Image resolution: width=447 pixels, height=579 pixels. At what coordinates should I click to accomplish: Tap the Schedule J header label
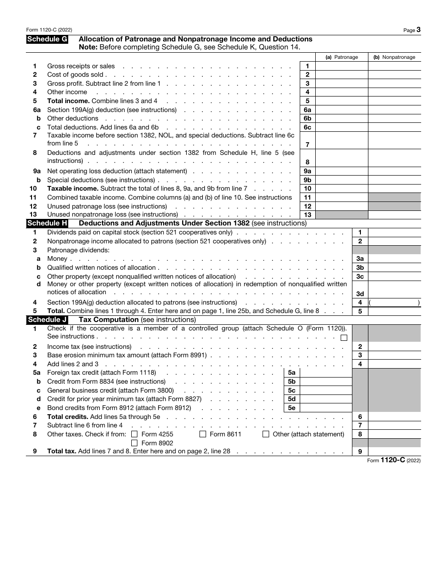pyautogui.click(x=47, y=320)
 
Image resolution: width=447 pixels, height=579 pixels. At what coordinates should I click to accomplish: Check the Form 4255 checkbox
pyautogui.click(x=135, y=434)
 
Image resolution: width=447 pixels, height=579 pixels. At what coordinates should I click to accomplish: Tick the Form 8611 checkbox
pyautogui.click(x=203, y=434)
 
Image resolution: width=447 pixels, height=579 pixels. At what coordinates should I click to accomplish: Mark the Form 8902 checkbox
pyautogui.click(x=135, y=443)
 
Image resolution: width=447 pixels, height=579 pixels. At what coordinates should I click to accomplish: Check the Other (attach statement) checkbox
pyautogui.click(x=266, y=434)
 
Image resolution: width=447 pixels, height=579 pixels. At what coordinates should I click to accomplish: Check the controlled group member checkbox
pyautogui.click(x=344, y=338)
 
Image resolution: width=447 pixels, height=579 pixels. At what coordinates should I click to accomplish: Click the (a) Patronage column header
pyautogui.click(x=342, y=57)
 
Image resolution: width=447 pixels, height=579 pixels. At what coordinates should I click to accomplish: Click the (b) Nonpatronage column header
pyautogui.click(x=394, y=57)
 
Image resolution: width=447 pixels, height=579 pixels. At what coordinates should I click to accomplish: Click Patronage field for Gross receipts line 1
pyautogui.click(x=342, y=66)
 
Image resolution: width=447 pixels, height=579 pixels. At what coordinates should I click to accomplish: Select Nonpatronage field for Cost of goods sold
pyautogui.click(x=394, y=75)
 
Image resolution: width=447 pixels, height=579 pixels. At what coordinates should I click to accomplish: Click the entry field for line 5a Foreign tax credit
pyautogui.click(x=326, y=373)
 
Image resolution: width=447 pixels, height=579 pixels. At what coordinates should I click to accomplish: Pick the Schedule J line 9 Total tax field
pyautogui.click(x=394, y=452)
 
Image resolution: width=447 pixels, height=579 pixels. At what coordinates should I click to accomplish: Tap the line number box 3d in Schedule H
pyautogui.click(x=360, y=294)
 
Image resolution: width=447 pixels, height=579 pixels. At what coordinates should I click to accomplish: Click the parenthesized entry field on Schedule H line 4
pyautogui.click(x=394, y=303)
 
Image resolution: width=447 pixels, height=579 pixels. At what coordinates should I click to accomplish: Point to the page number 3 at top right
pyautogui.click(x=418, y=30)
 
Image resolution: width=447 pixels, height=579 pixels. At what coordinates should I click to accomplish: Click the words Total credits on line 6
pyautogui.click(x=68, y=417)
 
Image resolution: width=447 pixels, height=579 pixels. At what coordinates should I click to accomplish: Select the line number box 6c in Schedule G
pyautogui.click(x=307, y=127)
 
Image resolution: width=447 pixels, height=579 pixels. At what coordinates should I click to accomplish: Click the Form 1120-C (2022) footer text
pyautogui.click(x=394, y=460)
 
